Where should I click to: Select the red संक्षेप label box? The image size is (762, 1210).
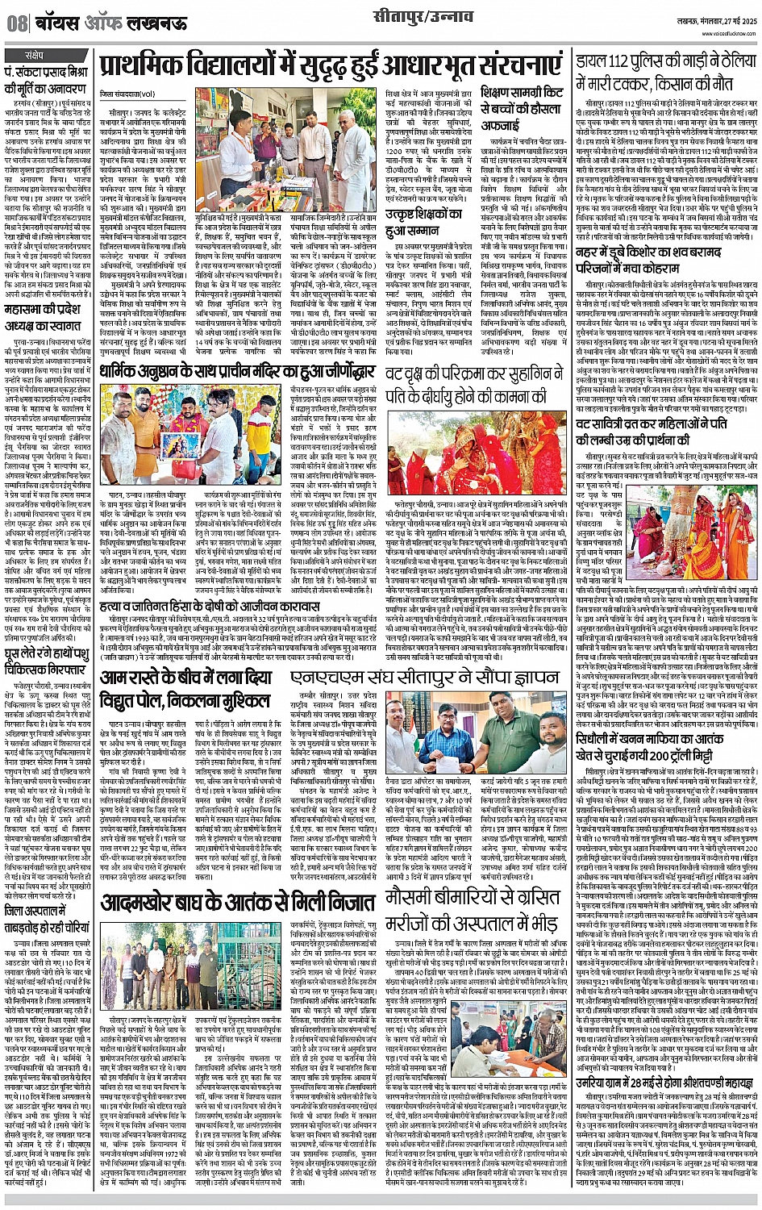37,56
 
